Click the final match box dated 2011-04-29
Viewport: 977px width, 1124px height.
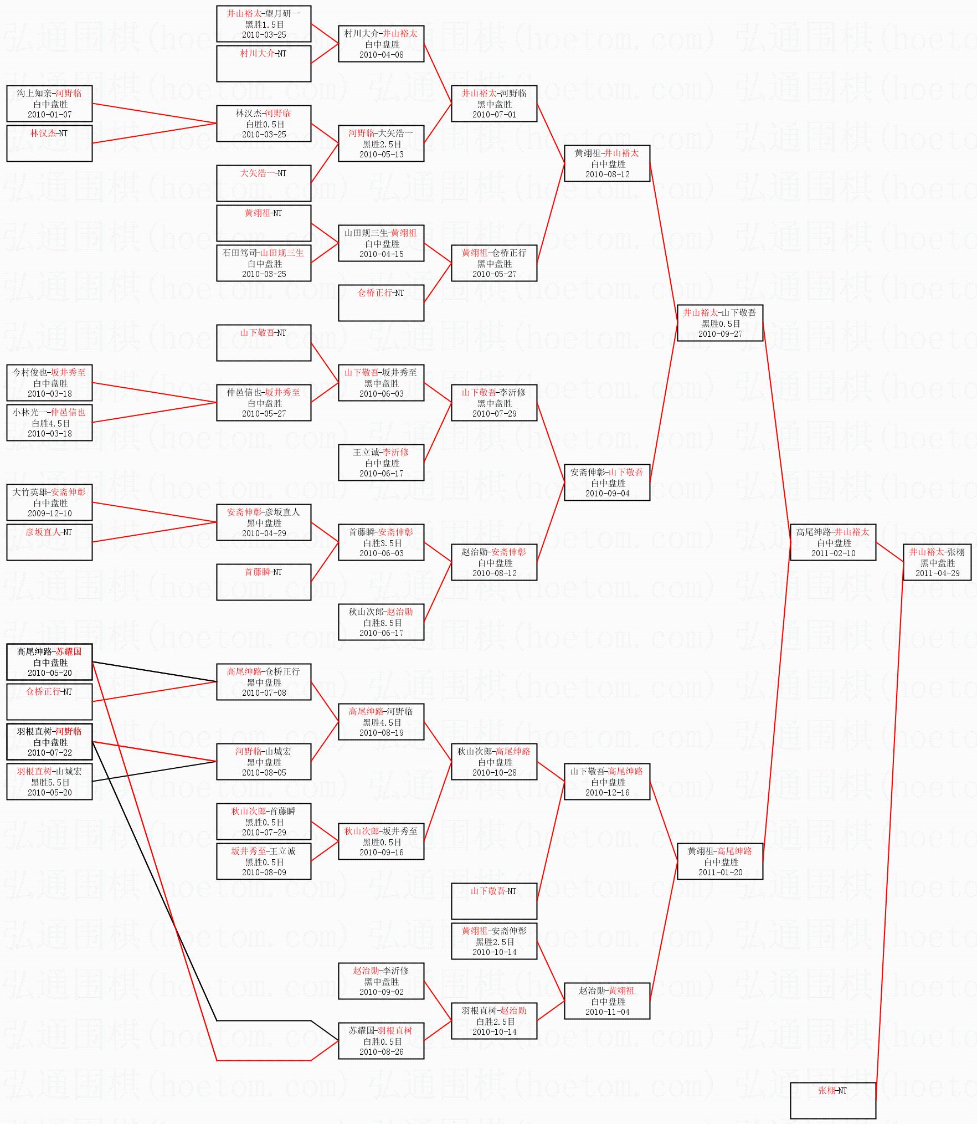pos(937,562)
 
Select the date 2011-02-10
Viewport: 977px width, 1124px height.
pos(833,553)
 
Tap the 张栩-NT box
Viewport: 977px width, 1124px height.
pos(832,1100)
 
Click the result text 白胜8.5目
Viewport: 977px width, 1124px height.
pos(381,623)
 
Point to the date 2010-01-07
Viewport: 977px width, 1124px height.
pos(50,115)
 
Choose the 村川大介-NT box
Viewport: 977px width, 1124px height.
pos(264,63)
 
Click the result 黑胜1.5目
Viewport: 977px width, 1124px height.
pos(264,24)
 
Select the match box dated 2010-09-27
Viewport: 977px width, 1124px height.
pos(719,323)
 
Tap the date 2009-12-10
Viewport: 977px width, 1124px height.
pos(50,513)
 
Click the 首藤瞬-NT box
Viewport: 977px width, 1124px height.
pos(264,582)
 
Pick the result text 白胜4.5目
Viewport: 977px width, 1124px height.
pos(50,423)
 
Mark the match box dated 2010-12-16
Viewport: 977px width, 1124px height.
pos(607,782)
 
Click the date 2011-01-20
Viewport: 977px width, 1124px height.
pos(720,872)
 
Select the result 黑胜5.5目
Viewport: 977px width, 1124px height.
pos(50,782)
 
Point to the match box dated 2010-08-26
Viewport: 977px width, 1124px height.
pos(381,1041)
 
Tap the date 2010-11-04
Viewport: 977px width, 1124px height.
pos(607,1012)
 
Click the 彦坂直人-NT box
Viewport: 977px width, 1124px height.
pos(49,542)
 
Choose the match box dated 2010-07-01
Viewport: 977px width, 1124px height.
pos(494,104)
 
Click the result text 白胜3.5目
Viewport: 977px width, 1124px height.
pos(381,543)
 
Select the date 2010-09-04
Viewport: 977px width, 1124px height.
pos(607,493)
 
